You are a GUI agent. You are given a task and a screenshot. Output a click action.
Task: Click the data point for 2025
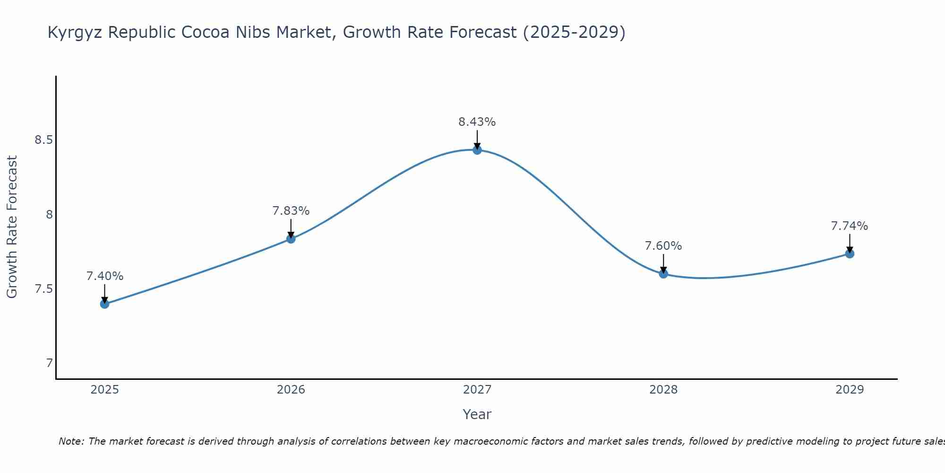coord(105,304)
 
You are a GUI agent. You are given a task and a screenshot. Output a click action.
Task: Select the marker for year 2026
coord(291,239)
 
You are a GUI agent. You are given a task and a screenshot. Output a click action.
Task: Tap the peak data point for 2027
coord(477,150)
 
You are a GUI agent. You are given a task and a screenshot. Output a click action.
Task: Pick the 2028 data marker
coord(663,273)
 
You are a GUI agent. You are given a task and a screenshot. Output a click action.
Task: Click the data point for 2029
coord(850,254)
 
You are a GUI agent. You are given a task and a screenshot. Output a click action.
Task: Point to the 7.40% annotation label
coord(105,276)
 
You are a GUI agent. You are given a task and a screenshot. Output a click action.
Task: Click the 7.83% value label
coord(291,211)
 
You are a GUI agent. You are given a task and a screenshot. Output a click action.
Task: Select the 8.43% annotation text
coord(477,122)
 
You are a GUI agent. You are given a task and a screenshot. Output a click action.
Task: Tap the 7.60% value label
coord(663,246)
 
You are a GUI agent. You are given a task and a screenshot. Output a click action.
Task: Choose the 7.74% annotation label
coord(850,226)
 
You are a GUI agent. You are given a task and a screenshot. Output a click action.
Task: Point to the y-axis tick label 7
coord(49,363)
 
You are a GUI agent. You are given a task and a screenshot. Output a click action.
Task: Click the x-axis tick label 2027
coord(477,390)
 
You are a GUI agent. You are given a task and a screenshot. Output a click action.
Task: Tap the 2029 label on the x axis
coord(850,390)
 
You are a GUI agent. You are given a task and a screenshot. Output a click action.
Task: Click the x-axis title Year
coord(477,414)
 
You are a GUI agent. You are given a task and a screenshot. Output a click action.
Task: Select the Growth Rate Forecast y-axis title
coord(12,227)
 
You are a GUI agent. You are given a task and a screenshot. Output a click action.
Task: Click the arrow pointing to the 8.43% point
coord(477,139)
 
